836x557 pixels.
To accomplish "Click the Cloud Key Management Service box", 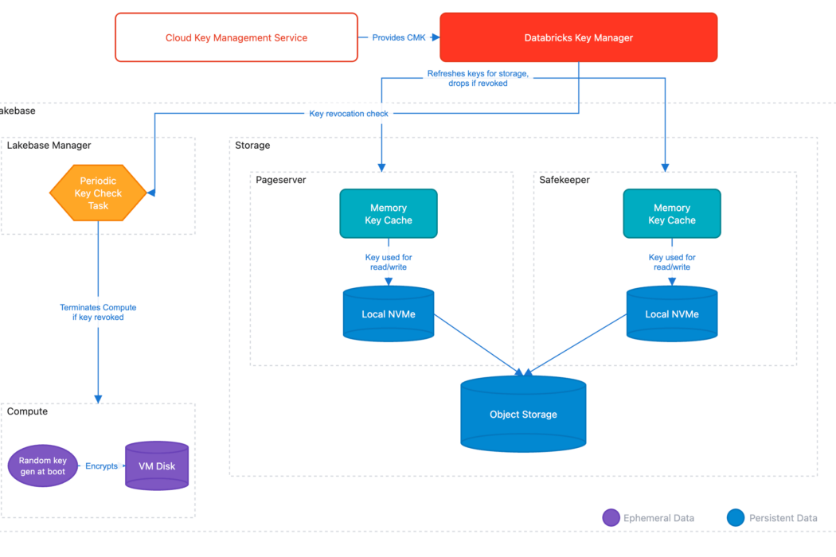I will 236,37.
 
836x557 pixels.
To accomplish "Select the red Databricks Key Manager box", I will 579,37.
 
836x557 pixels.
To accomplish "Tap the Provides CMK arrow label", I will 398,37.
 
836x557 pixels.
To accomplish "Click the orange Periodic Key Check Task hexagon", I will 98,193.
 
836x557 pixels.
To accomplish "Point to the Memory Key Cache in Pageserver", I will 389,213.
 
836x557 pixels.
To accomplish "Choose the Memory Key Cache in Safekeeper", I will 672,213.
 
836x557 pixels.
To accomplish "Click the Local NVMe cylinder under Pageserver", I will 389,314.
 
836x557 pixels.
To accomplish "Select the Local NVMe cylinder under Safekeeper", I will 672,314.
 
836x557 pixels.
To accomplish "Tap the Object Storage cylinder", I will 523,414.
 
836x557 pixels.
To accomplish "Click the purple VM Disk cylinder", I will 157,465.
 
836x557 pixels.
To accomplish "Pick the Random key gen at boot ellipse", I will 43,466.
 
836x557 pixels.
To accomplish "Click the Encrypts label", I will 101,466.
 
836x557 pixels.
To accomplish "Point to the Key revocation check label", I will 349,114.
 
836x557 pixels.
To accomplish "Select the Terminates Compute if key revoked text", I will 98,312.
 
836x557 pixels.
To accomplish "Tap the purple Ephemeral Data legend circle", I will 611,518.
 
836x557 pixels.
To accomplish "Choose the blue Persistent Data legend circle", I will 736,518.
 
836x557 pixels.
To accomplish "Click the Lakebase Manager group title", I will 49,146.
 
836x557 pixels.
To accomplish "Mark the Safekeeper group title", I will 564,180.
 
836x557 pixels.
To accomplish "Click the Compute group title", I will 27,411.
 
